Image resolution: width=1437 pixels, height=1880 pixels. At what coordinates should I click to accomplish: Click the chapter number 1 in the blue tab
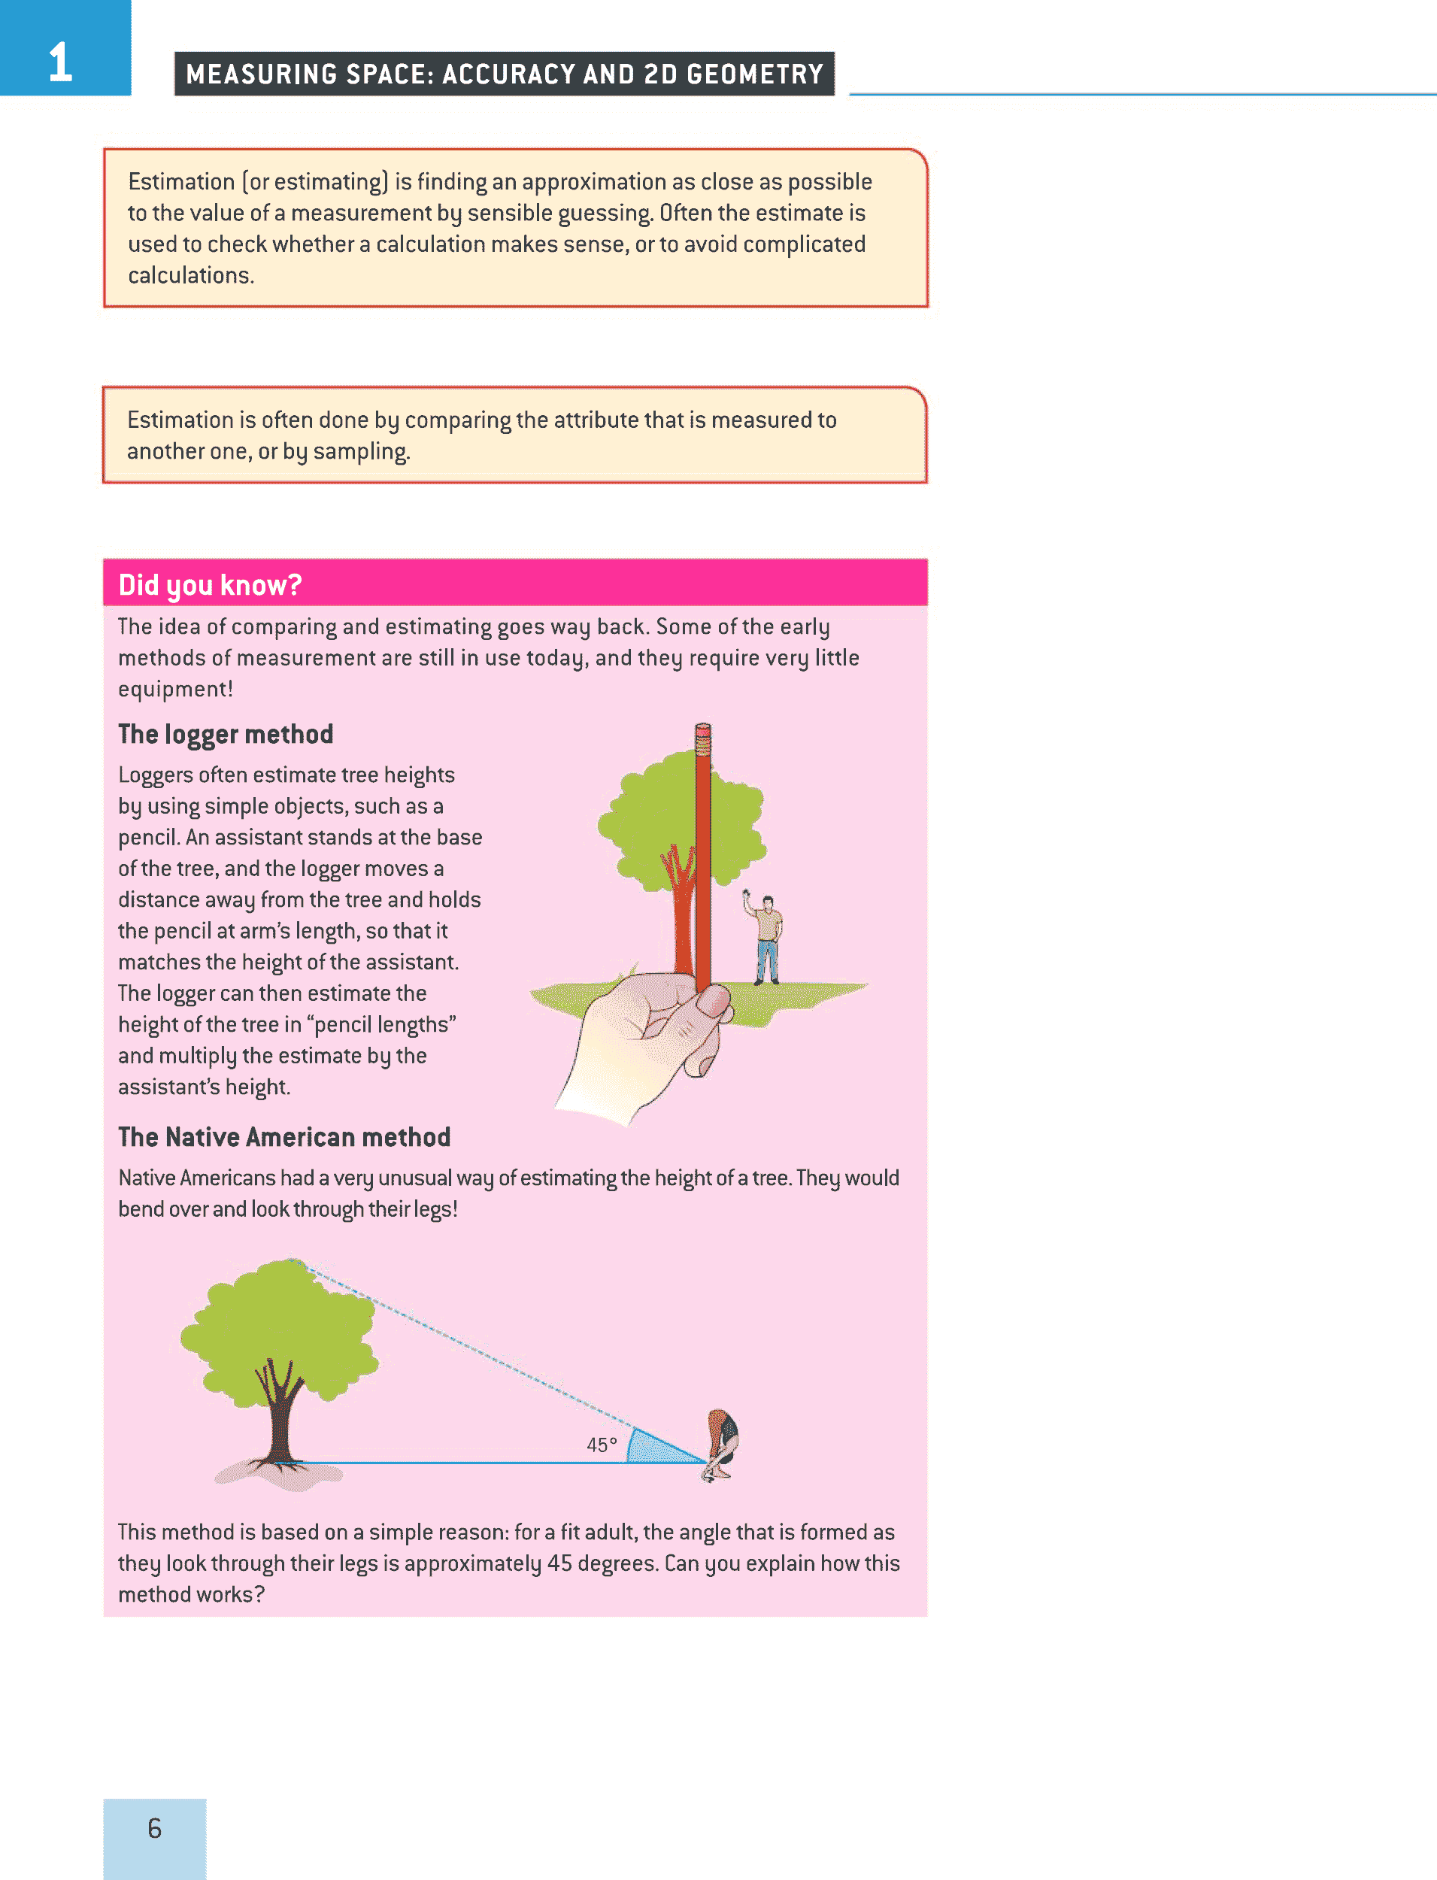60,62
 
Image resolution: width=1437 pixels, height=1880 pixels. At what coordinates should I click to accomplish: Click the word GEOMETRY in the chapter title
754,74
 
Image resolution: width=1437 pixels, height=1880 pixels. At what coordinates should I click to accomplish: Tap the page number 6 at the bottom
154,1828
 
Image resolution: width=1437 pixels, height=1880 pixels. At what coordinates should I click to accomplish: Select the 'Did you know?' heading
210,585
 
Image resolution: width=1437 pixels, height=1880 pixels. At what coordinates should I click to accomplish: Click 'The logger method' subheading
225,734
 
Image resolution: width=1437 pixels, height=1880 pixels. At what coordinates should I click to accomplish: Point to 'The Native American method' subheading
284,1137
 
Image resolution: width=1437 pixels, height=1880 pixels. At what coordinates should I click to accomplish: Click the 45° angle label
602,1445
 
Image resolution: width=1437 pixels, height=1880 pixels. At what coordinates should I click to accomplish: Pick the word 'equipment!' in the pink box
175,690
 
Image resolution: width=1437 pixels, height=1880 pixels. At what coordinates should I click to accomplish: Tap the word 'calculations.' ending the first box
191,275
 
